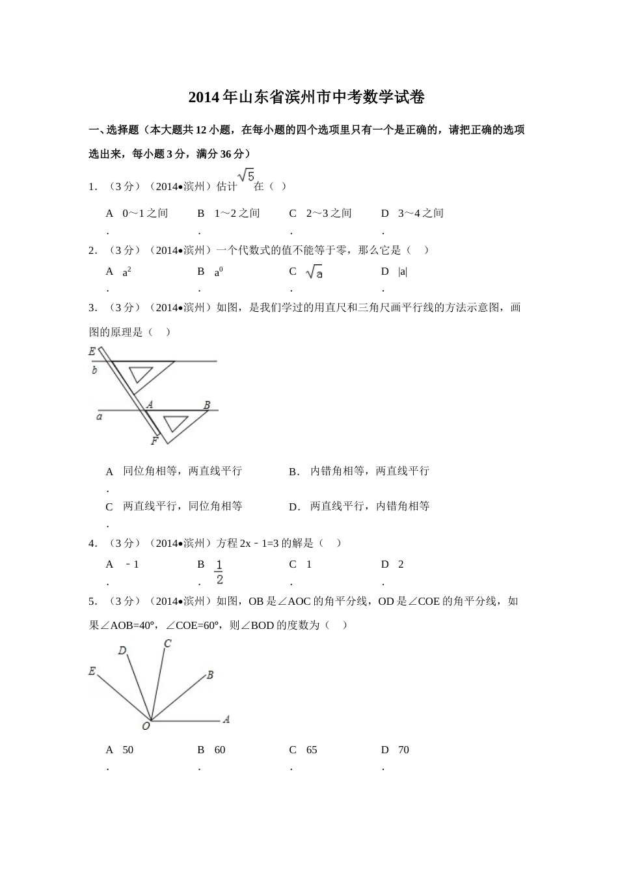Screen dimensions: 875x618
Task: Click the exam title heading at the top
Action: [x=306, y=98]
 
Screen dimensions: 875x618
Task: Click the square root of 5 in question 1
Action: [x=245, y=176]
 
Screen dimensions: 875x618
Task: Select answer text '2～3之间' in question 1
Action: [x=329, y=214]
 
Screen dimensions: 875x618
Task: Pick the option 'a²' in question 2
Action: [x=127, y=272]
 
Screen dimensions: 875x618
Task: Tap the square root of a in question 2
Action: [x=315, y=272]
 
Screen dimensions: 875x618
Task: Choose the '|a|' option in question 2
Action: [x=403, y=272]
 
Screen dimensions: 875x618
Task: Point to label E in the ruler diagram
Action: [x=92, y=352]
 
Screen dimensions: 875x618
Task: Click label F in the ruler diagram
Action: [x=154, y=441]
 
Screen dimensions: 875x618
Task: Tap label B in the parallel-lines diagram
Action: [x=207, y=405]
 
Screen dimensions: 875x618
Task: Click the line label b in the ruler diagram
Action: [x=95, y=370]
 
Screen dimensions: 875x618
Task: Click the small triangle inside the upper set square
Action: [x=140, y=374]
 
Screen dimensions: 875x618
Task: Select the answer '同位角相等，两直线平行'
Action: [x=182, y=471]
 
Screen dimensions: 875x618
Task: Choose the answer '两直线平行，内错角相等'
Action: [x=369, y=506]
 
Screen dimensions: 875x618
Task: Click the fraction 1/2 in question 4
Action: [x=219, y=572]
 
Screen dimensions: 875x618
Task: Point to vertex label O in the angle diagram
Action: [x=146, y=726]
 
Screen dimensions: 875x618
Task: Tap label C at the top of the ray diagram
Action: [x=167, y=644]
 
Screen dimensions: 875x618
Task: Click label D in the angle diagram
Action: [x=122, y=650]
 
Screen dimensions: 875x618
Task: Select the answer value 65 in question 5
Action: [x=312, y=750]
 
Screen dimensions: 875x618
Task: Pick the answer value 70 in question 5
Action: [x=403, y=750]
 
